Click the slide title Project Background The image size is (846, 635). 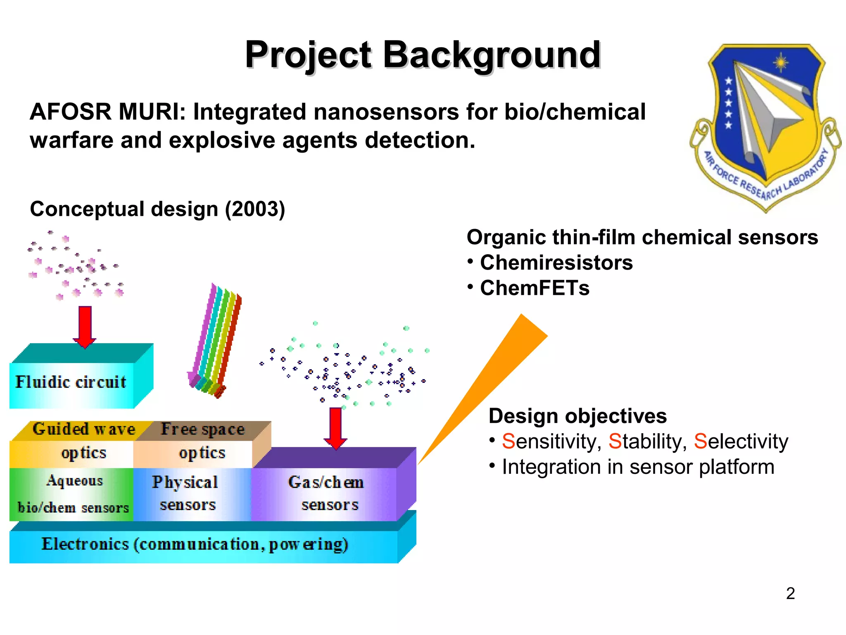click(422, 55)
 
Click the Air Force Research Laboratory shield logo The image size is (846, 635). click(765, 126)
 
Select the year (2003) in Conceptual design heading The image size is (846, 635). click(255, 209)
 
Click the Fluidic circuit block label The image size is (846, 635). click(71, 382)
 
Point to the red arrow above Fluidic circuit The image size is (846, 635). click(85, 327)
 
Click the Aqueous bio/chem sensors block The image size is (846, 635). click(73, 494)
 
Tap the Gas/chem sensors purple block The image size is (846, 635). click(326, 494)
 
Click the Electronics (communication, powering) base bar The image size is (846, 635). click(195, 545)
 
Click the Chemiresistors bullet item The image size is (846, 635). click(556, 263)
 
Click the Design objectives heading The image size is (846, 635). click(577, 416)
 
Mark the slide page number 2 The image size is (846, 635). click(790, 594)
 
